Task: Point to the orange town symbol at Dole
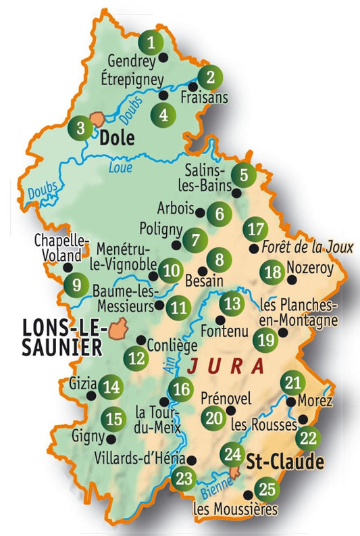[x=98, y=119]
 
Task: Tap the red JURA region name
[x=226, y=366]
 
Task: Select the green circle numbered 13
[x=232, y=303]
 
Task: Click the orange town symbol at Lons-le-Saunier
[x=119, y=330]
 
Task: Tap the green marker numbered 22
[x=308, y=438]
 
